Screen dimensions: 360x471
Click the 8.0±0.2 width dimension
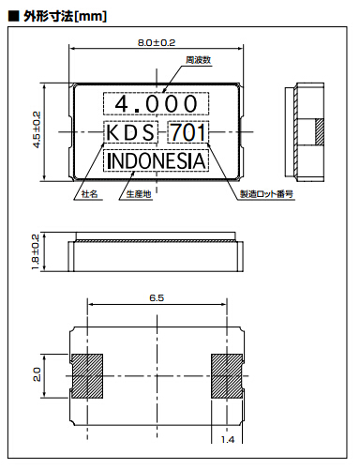tap(157, 42)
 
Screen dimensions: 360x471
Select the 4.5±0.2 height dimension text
tap(37, 129)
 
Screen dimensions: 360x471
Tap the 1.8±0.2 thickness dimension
tap(36, 251)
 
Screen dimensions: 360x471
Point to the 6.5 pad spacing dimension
tap(157, 297)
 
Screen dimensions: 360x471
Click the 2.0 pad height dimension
tap(37, 374)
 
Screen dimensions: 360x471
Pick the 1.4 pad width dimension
tap(228, 439)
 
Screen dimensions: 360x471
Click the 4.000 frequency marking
tap(157, 104)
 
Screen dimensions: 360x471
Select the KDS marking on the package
tap(130, 132)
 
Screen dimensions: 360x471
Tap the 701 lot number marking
tap(188, 132)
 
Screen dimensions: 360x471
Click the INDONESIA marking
tap(157, 160)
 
